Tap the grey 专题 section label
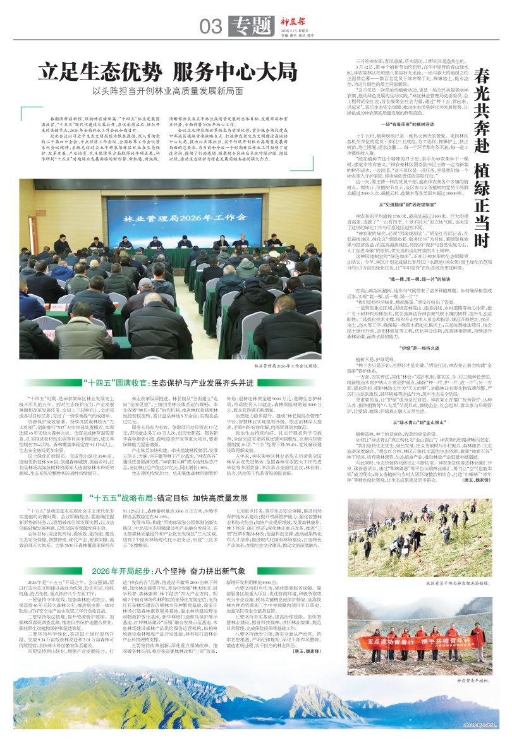coord(243,26)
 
